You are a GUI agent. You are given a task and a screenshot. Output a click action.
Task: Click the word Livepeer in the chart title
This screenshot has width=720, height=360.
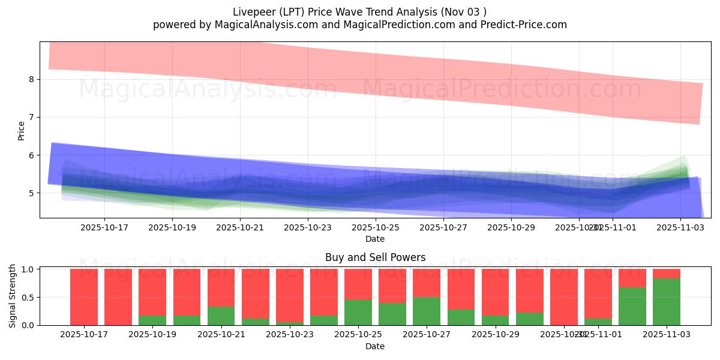[x=252, y=11]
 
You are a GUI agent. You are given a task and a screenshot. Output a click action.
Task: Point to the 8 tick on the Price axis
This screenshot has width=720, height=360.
[x=34, y=79]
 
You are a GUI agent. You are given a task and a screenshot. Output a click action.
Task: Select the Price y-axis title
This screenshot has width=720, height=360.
[x=21, y=130]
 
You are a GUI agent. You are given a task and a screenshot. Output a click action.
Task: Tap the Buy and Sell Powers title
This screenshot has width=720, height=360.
[x=375, y=257]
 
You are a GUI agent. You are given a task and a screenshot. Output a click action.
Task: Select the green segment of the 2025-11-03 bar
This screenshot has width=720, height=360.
[x=667, y=302]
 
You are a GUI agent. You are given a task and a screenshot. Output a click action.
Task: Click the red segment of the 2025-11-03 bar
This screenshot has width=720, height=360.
[x=667, y=274]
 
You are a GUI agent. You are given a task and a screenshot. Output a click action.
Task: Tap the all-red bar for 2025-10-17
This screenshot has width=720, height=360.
[x=84, y=297]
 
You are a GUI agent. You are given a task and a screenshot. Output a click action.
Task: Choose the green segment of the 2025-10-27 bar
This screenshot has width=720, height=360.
[x=427, y=311]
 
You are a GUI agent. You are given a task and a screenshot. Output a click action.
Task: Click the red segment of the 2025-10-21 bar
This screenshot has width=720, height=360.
[x=221, y=287]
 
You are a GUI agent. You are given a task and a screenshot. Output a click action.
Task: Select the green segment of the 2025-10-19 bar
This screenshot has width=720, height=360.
[x=152, y=320]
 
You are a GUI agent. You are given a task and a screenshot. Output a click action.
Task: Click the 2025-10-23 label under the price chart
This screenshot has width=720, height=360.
[x=307, y=227]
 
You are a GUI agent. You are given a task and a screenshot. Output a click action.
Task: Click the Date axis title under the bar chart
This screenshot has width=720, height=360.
[x=375, y=346]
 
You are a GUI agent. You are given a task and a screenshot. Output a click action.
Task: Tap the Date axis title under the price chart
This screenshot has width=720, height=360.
[x=375, y=239]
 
